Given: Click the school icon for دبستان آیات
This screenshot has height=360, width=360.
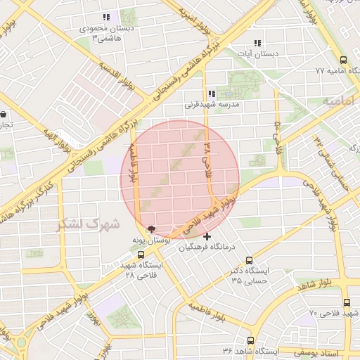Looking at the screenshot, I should click(x=257, y=43).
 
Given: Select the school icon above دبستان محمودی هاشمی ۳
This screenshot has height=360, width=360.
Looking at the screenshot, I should click(x=106, y=17).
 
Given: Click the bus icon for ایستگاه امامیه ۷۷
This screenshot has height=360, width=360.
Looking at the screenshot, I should click(x=343, y=61).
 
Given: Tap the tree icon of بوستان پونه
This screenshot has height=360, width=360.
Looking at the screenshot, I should click(x=150, y=229).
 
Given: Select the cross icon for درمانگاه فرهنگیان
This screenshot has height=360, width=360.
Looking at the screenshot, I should click(x=207, y=236).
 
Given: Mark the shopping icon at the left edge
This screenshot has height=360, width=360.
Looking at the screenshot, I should click(x=4, y=114).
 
